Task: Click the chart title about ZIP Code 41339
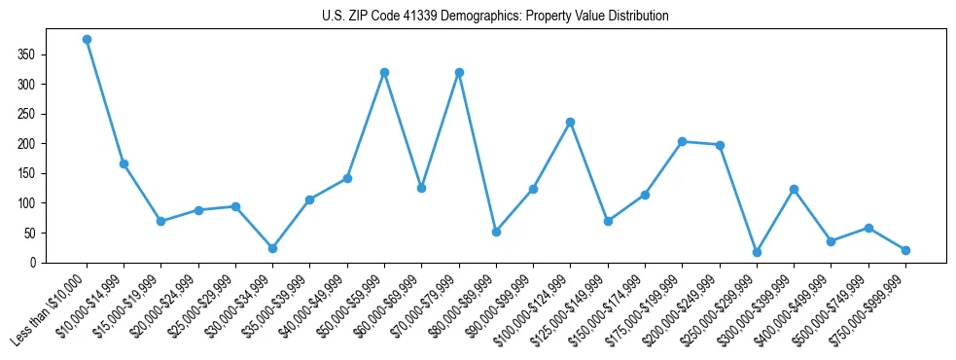495,17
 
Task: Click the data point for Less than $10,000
87,40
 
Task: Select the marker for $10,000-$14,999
124,163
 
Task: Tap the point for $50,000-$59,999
384,72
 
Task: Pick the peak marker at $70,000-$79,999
459,72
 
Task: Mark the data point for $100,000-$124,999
570,122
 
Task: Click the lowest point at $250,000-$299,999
757,252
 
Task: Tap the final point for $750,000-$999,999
905,250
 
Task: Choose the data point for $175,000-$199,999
682,141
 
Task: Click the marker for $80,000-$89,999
496,232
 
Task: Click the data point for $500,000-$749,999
868,228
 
